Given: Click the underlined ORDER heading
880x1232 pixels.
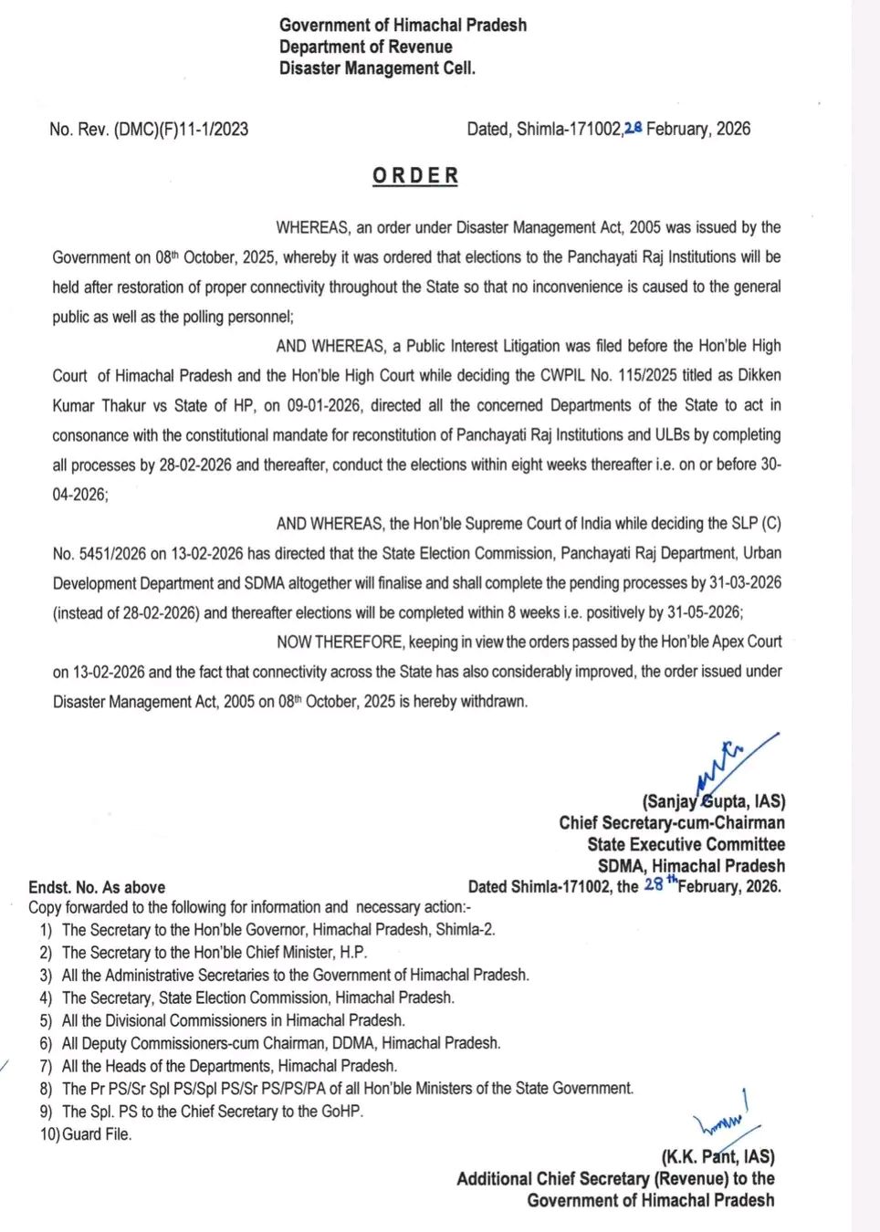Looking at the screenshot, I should pos(415,175).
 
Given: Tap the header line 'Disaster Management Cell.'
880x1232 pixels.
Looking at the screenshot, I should pos(377,68).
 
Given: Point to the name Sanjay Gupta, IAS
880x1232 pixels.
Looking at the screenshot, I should pos(713,801).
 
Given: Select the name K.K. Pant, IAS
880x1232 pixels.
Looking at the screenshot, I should pos(718,1156).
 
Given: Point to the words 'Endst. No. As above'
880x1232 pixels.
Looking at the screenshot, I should pos(97,887).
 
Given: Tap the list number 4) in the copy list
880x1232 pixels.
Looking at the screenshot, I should pos(46,998).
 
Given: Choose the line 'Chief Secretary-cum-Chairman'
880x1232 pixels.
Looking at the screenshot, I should pos(672,823).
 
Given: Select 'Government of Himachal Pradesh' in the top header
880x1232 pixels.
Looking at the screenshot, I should pos(403,25).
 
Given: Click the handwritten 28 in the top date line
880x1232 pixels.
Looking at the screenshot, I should pos(633,129).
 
